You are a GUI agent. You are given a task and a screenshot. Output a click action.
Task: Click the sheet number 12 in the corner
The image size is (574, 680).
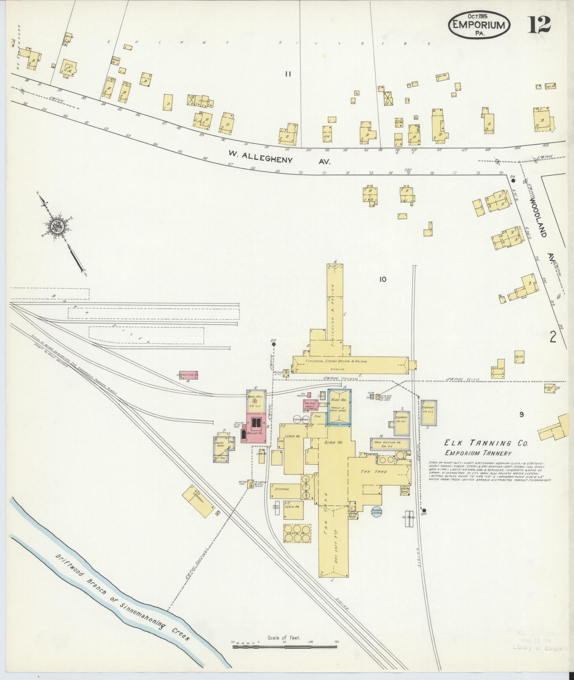[539, 25]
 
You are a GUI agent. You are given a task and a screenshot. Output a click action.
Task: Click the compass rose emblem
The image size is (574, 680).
[57, 227]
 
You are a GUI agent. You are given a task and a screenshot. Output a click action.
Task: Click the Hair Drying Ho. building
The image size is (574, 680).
[389, 444]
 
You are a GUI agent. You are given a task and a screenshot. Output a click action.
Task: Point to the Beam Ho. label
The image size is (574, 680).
[333, 442]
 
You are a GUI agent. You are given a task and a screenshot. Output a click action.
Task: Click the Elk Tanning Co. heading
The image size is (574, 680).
[486, 443]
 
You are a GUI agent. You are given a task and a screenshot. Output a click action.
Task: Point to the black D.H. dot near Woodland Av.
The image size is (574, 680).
[513, 180]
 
